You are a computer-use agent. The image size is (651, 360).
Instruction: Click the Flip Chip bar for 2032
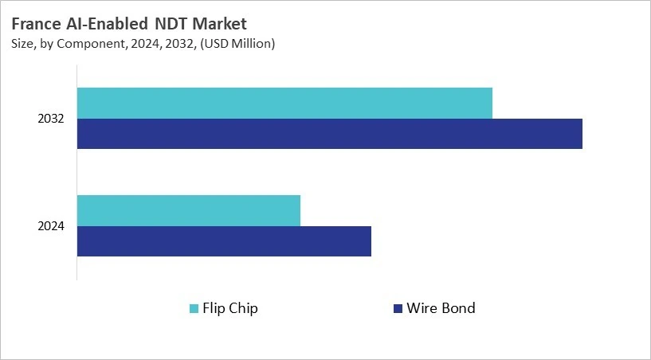pos(284,103)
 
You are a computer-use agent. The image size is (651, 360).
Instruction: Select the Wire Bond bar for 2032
pos(329,134)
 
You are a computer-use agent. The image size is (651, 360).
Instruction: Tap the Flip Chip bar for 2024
pos(189,210)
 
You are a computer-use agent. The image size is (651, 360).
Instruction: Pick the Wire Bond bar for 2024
pos(224,241)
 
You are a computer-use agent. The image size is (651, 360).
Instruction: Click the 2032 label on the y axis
pos(51,119)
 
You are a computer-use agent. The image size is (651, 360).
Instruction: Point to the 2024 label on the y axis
pos(51,226)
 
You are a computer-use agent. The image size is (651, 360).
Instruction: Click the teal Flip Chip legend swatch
pos(194,308)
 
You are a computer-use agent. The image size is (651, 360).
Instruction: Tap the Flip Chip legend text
pos(231,308)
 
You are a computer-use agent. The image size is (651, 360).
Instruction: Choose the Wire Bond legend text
pos(441,308)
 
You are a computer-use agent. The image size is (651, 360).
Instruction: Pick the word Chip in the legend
pos(245,308)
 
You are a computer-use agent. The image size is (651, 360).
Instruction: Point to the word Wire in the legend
pos(421,308)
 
